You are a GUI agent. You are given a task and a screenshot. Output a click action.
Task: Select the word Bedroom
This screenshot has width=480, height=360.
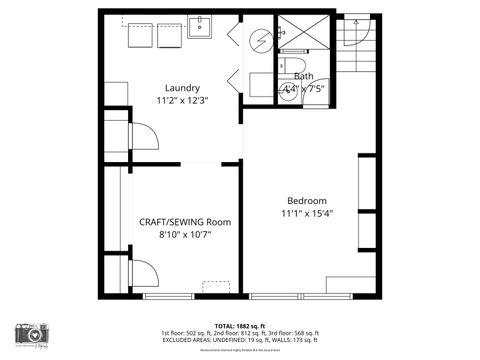pos(307,200)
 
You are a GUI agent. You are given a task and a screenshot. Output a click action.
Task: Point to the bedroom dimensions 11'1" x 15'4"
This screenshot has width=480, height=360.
pos(307,213)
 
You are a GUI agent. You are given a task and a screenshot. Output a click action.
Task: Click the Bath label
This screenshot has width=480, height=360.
pos(303,77)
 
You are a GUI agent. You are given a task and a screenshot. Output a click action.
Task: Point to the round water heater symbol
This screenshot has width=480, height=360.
pos(260,40)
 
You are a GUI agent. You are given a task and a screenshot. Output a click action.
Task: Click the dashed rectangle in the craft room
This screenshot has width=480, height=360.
pos(214,288)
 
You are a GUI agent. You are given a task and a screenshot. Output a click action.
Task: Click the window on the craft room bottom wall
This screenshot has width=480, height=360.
pos(169,296)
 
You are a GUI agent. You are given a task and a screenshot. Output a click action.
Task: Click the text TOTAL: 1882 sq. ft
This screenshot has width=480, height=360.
pos(239,326)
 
